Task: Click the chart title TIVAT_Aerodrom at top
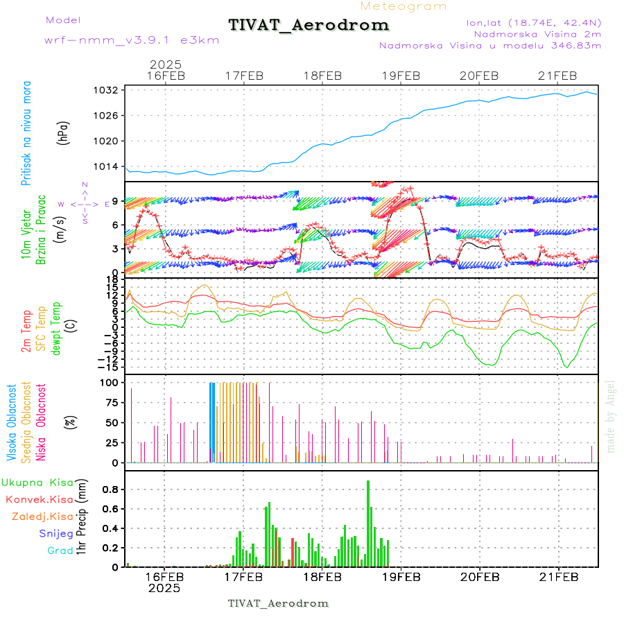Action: tap(309, 25)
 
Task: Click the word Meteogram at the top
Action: tap(404, 6)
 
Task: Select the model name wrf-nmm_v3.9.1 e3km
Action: tap(132, 40)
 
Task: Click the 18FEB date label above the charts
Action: tap(322, 76)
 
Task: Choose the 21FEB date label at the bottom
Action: tap(558, 577)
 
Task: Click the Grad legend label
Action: tap(60, 551)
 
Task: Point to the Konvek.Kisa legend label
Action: tap(40, 499)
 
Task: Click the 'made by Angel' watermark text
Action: tap(611, 416)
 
